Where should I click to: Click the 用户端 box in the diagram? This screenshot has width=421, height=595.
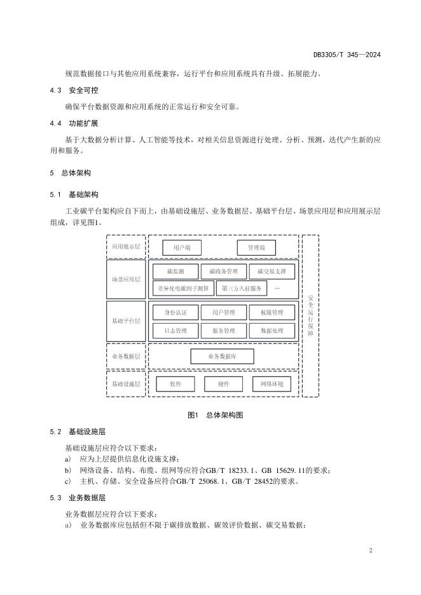pos(182,248)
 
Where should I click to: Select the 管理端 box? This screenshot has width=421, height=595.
pos(256,248)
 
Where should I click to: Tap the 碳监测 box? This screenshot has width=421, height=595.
pos(176,271)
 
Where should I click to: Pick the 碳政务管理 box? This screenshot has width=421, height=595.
pos(224,271)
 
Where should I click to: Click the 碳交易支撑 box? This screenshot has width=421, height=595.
pos(272,271)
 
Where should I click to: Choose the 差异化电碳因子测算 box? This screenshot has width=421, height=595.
pos(183,289)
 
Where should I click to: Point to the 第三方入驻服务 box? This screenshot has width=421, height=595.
pos(242,289)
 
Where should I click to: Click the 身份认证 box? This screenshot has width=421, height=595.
pos(176,312)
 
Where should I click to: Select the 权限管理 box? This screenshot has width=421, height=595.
pos(272,312)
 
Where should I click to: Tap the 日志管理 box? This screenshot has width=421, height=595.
pos(176,331)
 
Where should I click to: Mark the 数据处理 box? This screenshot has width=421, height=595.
pos(272,331)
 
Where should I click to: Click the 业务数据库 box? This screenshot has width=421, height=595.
pos(222,357)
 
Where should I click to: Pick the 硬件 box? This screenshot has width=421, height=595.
pos(224,384)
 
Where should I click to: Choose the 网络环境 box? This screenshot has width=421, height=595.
pos(272,384)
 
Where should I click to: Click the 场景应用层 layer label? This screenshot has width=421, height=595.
pos(126,279)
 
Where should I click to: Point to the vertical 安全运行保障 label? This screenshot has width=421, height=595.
pos(310,316)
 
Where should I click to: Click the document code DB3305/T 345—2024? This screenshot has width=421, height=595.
pos(347,55)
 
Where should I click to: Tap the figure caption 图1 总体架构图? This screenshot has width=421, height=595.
pos(215,414)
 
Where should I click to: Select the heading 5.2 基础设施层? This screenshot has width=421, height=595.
pos(78,432)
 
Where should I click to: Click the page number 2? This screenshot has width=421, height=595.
pos(371,551)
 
